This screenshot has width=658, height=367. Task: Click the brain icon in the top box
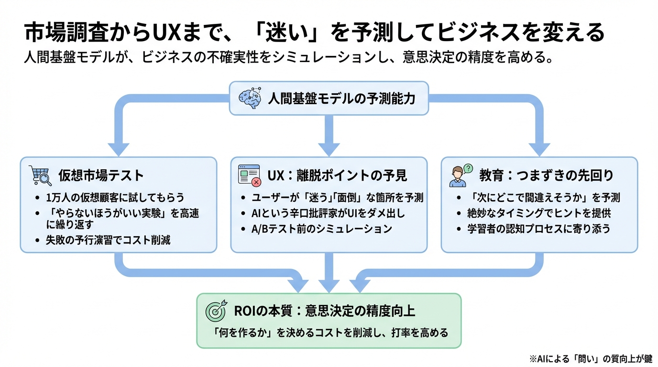tap(249, 98)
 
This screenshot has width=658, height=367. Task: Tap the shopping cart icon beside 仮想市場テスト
tap(40, 175)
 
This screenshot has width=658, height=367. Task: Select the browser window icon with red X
tap(249, 175)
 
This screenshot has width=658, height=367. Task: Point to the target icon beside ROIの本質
tap(216, 312)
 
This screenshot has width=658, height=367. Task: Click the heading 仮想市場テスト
tap(101, 175)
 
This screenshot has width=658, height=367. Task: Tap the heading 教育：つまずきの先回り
tap(546, 175)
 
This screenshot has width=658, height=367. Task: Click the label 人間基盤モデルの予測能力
tap(341, 98)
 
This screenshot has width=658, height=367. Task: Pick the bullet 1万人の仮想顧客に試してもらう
tap(115, 197)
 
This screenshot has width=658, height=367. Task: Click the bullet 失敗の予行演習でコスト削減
tap(108, 240)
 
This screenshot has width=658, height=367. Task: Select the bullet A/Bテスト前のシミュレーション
tap(322, 228)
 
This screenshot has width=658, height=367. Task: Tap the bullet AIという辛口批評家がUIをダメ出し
tap(329, 213)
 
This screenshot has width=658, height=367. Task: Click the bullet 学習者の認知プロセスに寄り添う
tap(539, 228)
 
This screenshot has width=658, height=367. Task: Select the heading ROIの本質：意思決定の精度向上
tap(324, 312)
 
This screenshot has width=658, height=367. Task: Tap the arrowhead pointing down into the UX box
tap(329, 149)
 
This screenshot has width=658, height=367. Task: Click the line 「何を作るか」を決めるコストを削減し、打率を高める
tap(329, 333)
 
